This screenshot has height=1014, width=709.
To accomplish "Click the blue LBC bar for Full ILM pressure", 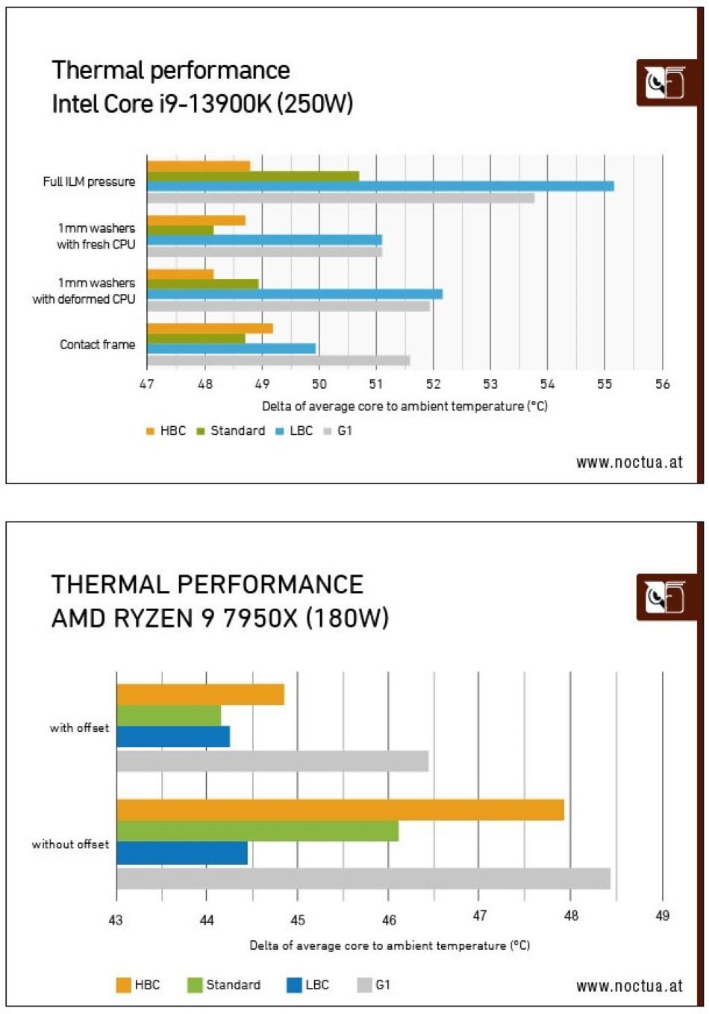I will (x=380, y=186).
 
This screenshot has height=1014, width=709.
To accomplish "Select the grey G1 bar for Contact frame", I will (x=278, y=360).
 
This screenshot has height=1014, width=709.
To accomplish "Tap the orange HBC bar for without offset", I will (x=340, y=810).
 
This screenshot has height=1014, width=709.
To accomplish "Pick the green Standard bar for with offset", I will (x=169, y=716).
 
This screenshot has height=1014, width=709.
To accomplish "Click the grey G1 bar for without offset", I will (x=363, y=878).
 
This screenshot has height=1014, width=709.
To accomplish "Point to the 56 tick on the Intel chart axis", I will (x=662, y=384).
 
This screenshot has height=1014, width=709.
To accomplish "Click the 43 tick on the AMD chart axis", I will (x=116, y=919).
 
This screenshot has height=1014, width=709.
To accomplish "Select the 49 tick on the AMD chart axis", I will (x=662, y=916).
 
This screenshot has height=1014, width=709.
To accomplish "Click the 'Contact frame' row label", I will (x=97, y=345).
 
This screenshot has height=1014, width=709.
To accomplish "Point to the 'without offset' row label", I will (x=70, y=845).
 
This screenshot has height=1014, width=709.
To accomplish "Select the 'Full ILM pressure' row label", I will (x=89, y=181).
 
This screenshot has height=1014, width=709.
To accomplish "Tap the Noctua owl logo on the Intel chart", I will (x=666, y=83).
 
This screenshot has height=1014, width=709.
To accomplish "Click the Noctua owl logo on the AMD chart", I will (x=666, y=597).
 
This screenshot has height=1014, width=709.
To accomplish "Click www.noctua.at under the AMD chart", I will (x=629, y=986).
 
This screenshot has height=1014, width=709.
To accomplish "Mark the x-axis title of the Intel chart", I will (x=404, y=406).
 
